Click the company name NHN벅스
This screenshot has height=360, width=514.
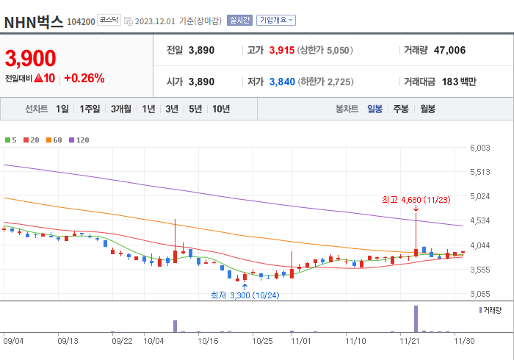point(34,21)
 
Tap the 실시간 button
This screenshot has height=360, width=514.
point(239,21)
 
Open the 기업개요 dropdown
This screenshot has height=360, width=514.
point(276,21)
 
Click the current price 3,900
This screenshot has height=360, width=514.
point(31,58)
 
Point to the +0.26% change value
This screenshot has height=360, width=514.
point(84,78)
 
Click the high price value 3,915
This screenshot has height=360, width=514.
point(282,51)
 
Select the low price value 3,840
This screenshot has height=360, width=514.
point(282,82)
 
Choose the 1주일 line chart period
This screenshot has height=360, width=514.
point(90,109)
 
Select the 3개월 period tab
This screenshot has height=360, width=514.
point(121,109)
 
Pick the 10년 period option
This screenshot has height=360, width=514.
point(220,109)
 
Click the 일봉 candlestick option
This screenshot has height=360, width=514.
point(374,109)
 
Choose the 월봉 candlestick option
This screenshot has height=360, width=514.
point(427,109)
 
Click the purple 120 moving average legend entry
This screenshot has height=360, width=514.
point(79,140)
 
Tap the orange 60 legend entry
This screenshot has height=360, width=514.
point(55,140)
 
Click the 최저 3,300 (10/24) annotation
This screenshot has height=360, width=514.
point(245,295)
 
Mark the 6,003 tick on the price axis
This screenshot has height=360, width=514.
point(479,148)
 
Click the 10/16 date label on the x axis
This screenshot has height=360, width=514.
point(209,341)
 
